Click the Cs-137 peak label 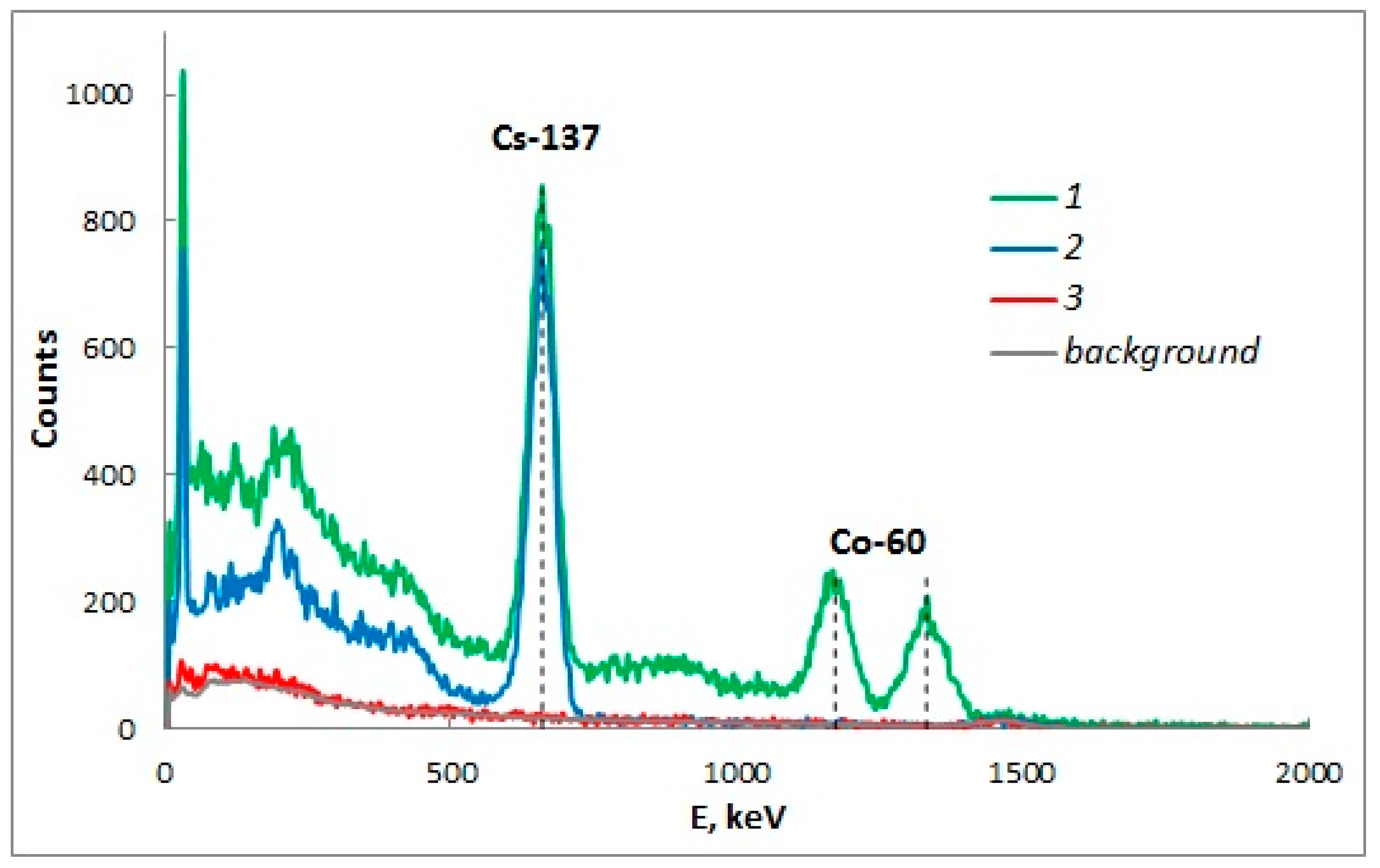click(545, 138)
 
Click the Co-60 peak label click(877, 542)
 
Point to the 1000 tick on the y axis click(99, 93)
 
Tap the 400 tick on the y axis click(108, 475)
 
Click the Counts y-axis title click(45, 388)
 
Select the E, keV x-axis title click(737, 817)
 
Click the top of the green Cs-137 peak click(542, 187)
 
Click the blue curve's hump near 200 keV click(278, 523)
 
